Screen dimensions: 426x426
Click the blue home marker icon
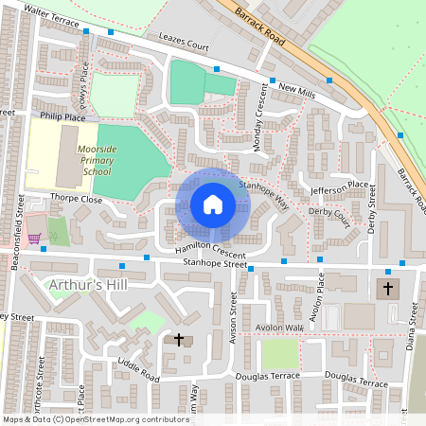click(x=213, y=204)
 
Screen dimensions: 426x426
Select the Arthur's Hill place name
click(x=80, y=284)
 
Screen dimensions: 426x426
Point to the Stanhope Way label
click(x=264, y=195)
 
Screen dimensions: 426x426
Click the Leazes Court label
click(x=184, y=44)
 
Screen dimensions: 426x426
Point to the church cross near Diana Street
click(x=387, y=288)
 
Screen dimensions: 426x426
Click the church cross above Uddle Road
click(x=179, y=338)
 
